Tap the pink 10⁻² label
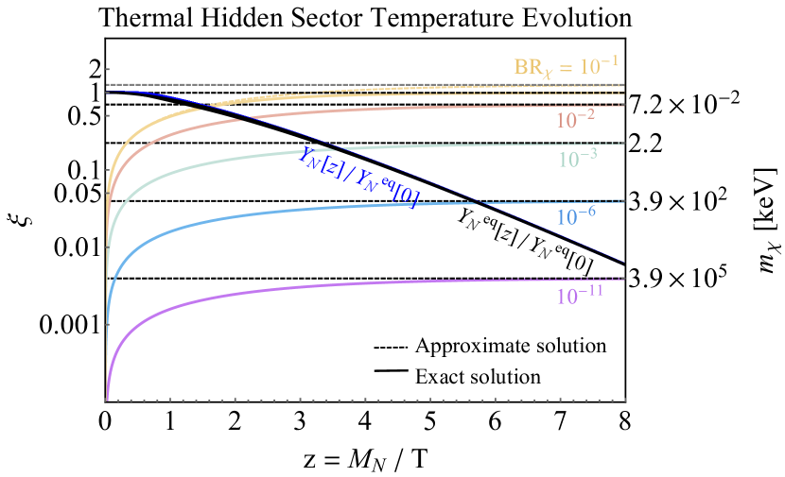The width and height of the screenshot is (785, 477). [575, 120]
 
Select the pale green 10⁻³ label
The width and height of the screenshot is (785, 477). [576, 159]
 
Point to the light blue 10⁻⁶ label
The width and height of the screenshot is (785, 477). [576, 215]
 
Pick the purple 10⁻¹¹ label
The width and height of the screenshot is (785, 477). [580, 295]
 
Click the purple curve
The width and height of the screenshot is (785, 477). [284, 290]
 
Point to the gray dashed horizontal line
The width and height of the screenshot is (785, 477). [378, 85]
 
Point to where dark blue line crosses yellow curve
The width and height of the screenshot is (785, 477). [203, 104]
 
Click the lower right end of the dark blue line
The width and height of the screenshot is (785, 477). [624, 262]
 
